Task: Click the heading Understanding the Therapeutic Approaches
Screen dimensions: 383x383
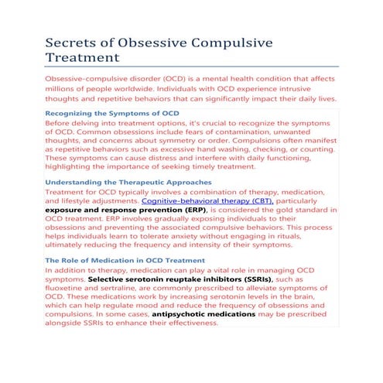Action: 128,183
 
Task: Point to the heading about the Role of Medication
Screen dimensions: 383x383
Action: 125,261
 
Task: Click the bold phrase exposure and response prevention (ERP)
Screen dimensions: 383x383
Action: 126,210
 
